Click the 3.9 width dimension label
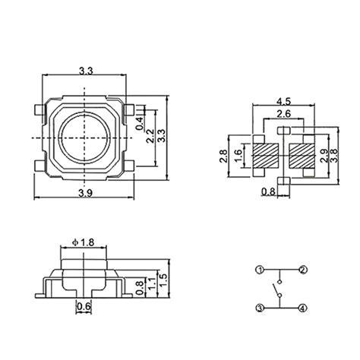pyautogui.click(x=85, y=195)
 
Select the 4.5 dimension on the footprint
pyautogui.click(x=283, y=100)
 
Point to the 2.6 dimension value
pyautogui.click(x=283, y=114)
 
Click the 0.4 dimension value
pyautogui.click(x=139, y=122)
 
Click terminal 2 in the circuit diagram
pyautogui.click(x=302, y=270)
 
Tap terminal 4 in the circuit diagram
pyautogui.click(x=302, y=308)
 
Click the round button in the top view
pyautogui.click(x=85, y=137)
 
